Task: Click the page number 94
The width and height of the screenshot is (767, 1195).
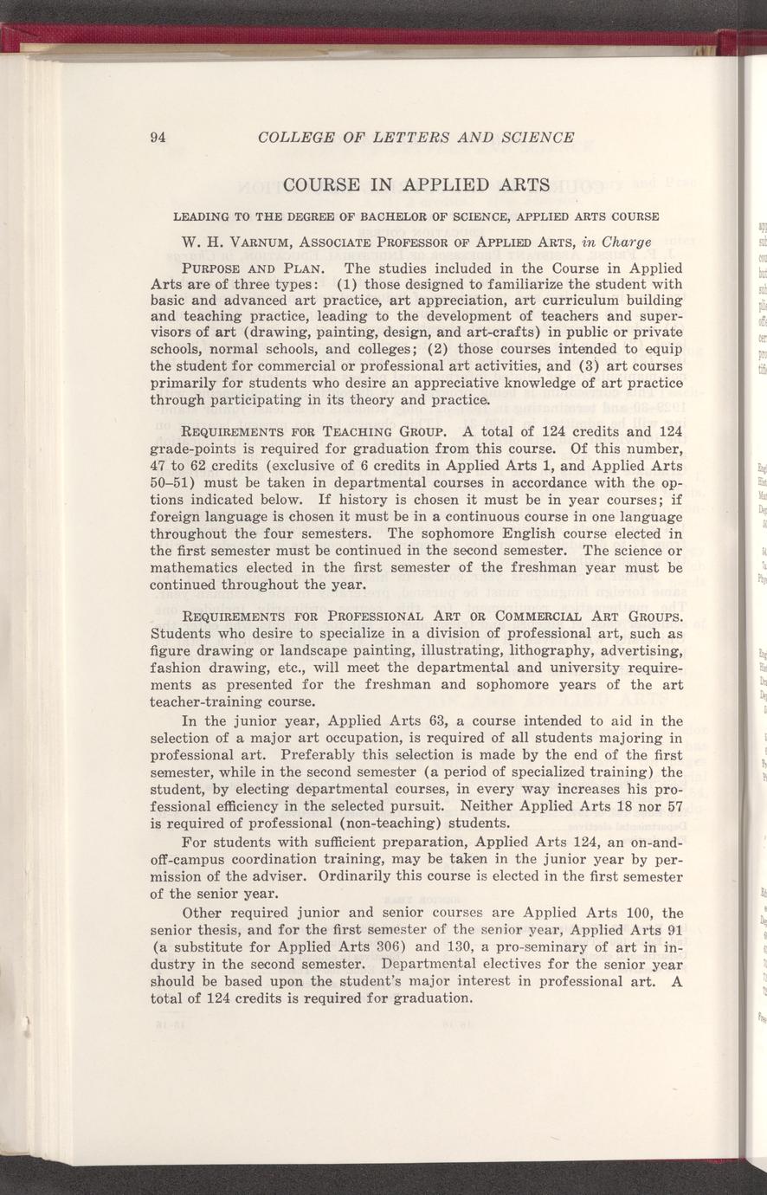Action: [x=158, y=137]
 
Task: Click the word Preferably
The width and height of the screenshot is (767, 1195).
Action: [x=353, y=754]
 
